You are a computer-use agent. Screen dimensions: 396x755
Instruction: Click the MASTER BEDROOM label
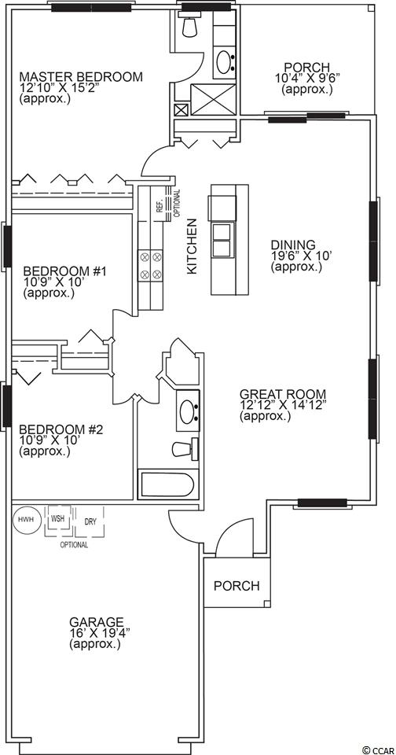click(x=81, y=76)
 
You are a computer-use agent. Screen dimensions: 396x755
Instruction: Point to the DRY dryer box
click(x=90, y=521)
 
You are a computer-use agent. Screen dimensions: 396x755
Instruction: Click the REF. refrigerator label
click(x=158, y=206)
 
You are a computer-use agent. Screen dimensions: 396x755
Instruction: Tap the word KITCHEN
click(x=192, y=246)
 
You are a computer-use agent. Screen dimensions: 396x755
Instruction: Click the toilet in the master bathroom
click(x=191, y=26)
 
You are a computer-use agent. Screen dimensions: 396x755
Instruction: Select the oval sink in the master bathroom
click(x=224, y=61)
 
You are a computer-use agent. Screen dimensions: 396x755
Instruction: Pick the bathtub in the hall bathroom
click(x=167, y=486)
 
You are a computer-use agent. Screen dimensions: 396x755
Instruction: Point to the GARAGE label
click(x=96, y=621)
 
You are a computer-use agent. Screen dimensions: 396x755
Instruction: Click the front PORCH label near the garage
click(x=236, y=585)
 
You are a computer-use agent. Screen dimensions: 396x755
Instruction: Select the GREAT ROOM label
click(x=283, y=393)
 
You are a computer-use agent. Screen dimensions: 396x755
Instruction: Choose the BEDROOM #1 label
click(x=64, y=271)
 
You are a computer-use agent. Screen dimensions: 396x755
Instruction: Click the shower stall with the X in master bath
click(x=214, y=100)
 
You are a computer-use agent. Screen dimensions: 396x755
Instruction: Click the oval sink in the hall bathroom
click(x=188, y=411)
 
